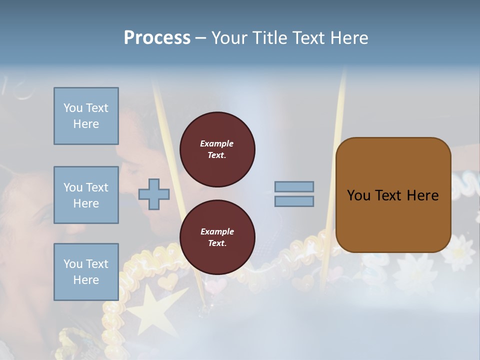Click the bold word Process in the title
(x=157, y=38)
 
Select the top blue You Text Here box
(x=86, y=116)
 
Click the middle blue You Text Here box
(x=86, y=195)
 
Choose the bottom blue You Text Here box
(x=86, y=272)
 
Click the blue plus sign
(x=154, y=194)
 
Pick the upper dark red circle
(x=217, y=149)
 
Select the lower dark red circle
(x=217, y=237)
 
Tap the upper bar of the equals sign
(x=294, y=186)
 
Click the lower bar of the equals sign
(x=294, y=201)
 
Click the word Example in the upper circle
(x=217, y=143)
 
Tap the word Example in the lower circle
(x=217, y=231)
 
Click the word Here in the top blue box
(x=86, y=124)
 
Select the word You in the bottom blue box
(x=72, y=264)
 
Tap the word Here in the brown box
(x=422, y=195)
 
